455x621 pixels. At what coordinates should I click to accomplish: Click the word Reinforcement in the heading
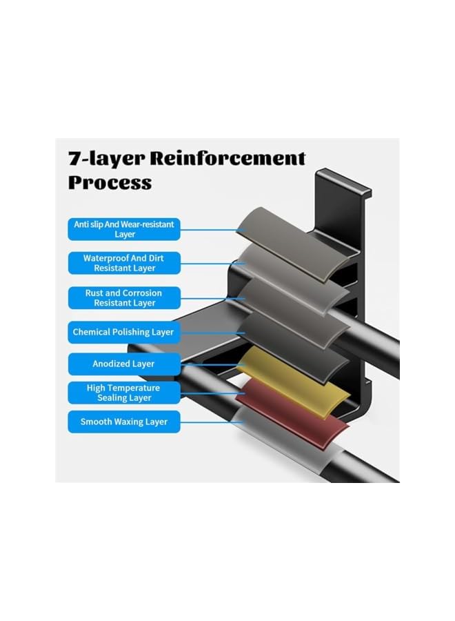click(x=227, y=158)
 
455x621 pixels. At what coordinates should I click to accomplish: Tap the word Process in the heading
click(x=110, y=183)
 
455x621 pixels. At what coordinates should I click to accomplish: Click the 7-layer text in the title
click(x=107, y=159)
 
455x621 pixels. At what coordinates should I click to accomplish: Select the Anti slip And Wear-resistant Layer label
click(x=124, y=229)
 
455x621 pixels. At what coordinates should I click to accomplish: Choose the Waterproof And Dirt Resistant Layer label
click(x=124, y=263)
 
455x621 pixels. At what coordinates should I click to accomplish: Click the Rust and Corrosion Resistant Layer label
click(x=124, y=298)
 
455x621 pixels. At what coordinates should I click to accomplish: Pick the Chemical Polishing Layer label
click(x=124, y=332)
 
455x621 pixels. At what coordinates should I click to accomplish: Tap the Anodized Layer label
click(x=124, y=364)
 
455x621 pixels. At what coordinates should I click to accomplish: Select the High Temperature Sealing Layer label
click(x=124, y=393)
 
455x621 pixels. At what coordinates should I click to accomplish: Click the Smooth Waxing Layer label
click(x=124, y=422)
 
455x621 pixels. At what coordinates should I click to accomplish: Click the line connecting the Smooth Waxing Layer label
click(x=212, y=422)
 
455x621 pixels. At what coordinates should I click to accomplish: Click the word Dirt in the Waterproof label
click(x=156, y=258)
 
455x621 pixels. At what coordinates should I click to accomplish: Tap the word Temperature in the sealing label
click(x=135, y=388)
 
